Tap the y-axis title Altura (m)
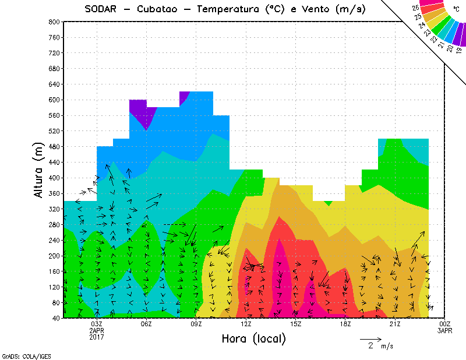click(38, 170)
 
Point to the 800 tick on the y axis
click(54, 22)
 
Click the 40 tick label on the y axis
click(56, 318)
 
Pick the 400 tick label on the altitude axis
click(54, 178)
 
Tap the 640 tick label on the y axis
click(54, 84)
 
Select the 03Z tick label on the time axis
click(97, 324)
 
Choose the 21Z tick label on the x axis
click(395, 324)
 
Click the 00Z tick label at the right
click(445, 324)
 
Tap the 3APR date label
click(445, 330)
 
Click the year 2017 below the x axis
click(97, 337)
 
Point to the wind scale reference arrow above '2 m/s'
click(370, 338)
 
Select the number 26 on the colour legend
click(416, 8)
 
